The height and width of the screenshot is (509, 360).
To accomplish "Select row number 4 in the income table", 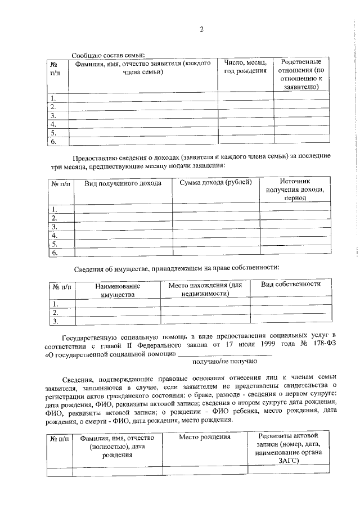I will pyautogui.click(x=55, y=235).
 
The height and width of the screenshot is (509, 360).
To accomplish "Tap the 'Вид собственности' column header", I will pyautogui.click(x=290, y=285).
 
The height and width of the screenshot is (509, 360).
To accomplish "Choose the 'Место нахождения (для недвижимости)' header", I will pyautogui.click(x=205, y=289).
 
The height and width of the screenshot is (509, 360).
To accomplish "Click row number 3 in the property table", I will pyautogui.click(x=56, y=321).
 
